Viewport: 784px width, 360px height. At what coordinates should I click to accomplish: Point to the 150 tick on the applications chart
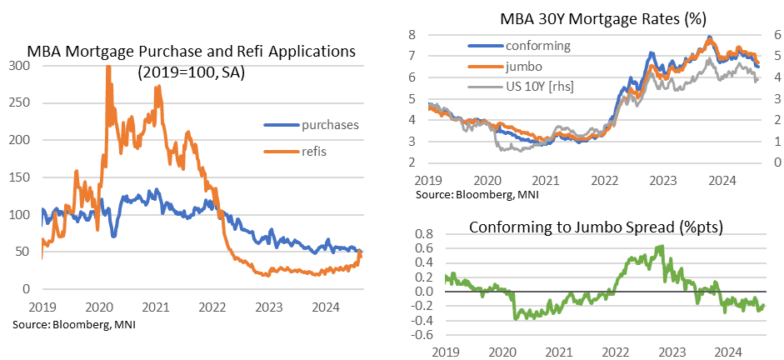tap(17, 177)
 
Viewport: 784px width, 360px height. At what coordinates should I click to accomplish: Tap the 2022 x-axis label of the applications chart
tap(214, 306)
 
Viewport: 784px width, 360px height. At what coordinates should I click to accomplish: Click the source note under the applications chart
tap(74, 322)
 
